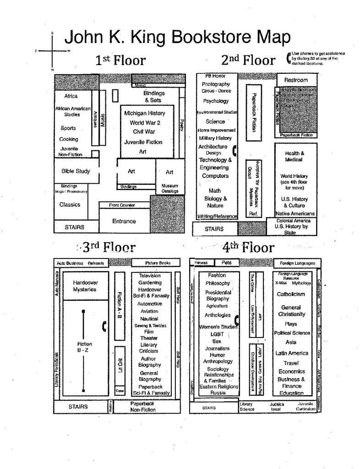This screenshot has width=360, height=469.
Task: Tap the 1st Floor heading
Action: coord(120,60)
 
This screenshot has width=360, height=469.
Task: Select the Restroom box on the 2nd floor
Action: coord(296,80)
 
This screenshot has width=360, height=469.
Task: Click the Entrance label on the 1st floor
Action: coord(124,221)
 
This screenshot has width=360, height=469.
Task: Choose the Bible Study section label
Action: coord(76,171)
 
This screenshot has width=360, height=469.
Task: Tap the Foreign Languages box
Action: coord(295,264)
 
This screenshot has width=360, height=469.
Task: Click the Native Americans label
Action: coord(295,213)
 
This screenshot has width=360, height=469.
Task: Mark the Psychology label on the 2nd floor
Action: coord(215,101)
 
